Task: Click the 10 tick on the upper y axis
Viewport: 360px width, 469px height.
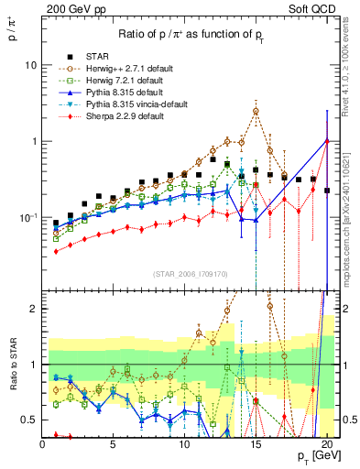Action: [x=30, y=65]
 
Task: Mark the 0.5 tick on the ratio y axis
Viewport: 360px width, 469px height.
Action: [x=29, y=420]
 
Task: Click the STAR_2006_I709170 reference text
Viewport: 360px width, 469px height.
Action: [x=191, y=274]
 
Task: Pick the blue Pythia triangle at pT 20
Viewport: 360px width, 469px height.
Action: [x=327, y=141]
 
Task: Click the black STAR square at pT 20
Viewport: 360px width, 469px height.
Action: [x=327, y=191]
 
